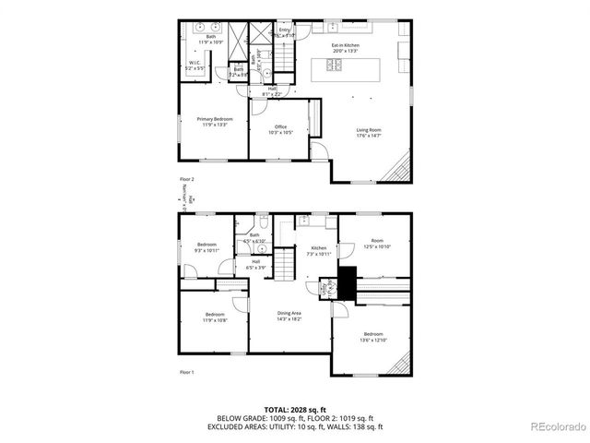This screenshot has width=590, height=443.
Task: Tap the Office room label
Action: click(280, 129)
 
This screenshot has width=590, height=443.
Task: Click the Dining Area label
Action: click(289, 316)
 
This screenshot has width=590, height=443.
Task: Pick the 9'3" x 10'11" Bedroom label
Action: click(206, 247)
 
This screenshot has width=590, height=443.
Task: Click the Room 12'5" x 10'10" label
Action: click(377, 244)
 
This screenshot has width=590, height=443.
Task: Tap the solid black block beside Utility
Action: click(347, 281)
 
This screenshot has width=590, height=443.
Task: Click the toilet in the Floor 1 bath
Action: click(264, 224)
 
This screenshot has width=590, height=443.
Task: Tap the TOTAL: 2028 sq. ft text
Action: click(300, 408)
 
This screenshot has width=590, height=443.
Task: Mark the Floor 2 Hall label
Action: click(272, 90)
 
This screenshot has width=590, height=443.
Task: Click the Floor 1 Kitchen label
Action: click(318, 250)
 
